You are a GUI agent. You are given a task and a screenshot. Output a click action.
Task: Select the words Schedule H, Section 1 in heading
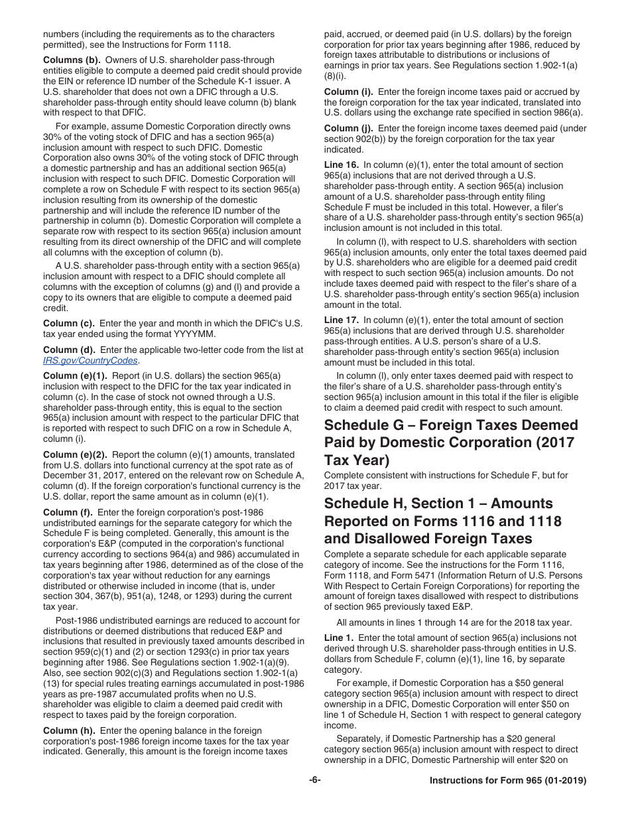pyautogui.click(x=407, y=504)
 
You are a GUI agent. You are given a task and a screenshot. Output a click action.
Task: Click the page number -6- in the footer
pyautogui.click(x=315, y=781)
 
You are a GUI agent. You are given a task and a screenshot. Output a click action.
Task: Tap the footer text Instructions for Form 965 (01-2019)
pyautogui.click(x=508, y=781)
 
